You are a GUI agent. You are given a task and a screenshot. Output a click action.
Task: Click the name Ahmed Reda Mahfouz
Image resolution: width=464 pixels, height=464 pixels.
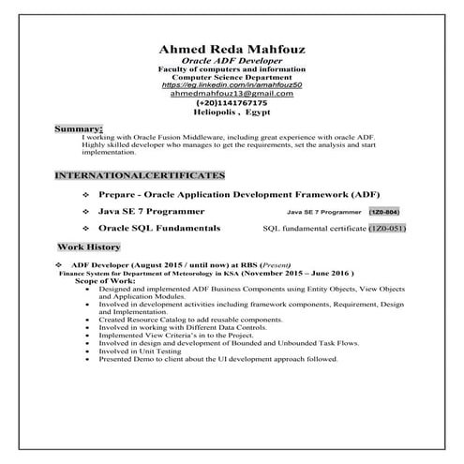point(232,51)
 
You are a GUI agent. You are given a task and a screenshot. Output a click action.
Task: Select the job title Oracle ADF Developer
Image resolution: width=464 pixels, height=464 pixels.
point(232,63)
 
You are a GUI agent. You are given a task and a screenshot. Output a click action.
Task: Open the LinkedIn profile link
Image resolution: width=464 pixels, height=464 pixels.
point(232,85)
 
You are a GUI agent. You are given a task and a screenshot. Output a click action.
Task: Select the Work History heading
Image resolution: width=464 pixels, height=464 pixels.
point(89,247)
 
